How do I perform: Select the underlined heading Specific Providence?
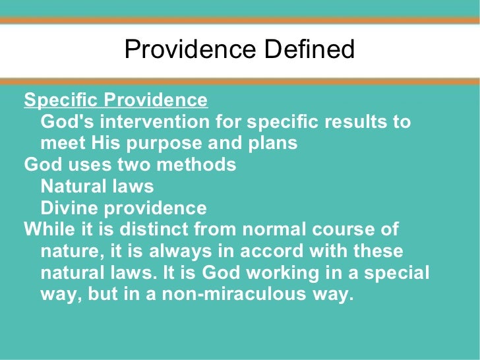(x=115, y=100)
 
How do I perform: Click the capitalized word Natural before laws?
(x=74, y=187)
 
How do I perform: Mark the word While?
(x=48, y=229)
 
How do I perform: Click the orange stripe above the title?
(x=240, y=20)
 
